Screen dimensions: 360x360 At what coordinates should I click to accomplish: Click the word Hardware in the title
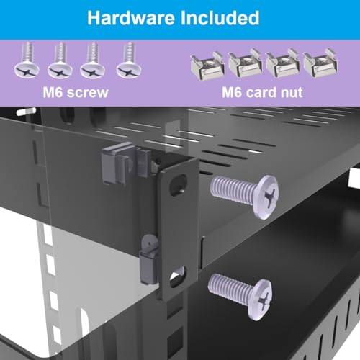131,18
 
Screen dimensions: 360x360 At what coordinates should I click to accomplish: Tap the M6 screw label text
76,92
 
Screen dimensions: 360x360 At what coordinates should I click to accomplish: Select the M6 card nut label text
262,92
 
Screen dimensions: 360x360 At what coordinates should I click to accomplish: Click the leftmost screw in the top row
27,60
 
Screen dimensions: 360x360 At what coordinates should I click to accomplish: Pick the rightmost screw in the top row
129,60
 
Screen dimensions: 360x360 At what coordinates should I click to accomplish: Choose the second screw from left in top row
60,60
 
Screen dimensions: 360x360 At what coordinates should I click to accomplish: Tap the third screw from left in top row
92,60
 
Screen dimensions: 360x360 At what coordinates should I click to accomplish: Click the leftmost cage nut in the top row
207,66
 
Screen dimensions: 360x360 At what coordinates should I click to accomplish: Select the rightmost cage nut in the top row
320,63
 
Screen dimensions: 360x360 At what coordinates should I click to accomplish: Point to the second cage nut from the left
245,63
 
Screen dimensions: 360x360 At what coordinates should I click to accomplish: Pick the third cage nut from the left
283,63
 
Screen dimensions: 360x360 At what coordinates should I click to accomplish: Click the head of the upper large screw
265,197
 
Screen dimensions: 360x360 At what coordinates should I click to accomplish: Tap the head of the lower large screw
260,300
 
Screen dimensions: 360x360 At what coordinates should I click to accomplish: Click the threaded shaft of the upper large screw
232,190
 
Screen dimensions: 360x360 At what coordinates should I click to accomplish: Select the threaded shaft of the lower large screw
228,289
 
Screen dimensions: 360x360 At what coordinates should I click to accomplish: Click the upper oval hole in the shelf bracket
178,185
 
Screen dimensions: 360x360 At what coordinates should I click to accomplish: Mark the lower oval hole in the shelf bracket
177,276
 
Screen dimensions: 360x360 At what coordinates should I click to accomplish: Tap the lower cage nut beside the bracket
149,260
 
